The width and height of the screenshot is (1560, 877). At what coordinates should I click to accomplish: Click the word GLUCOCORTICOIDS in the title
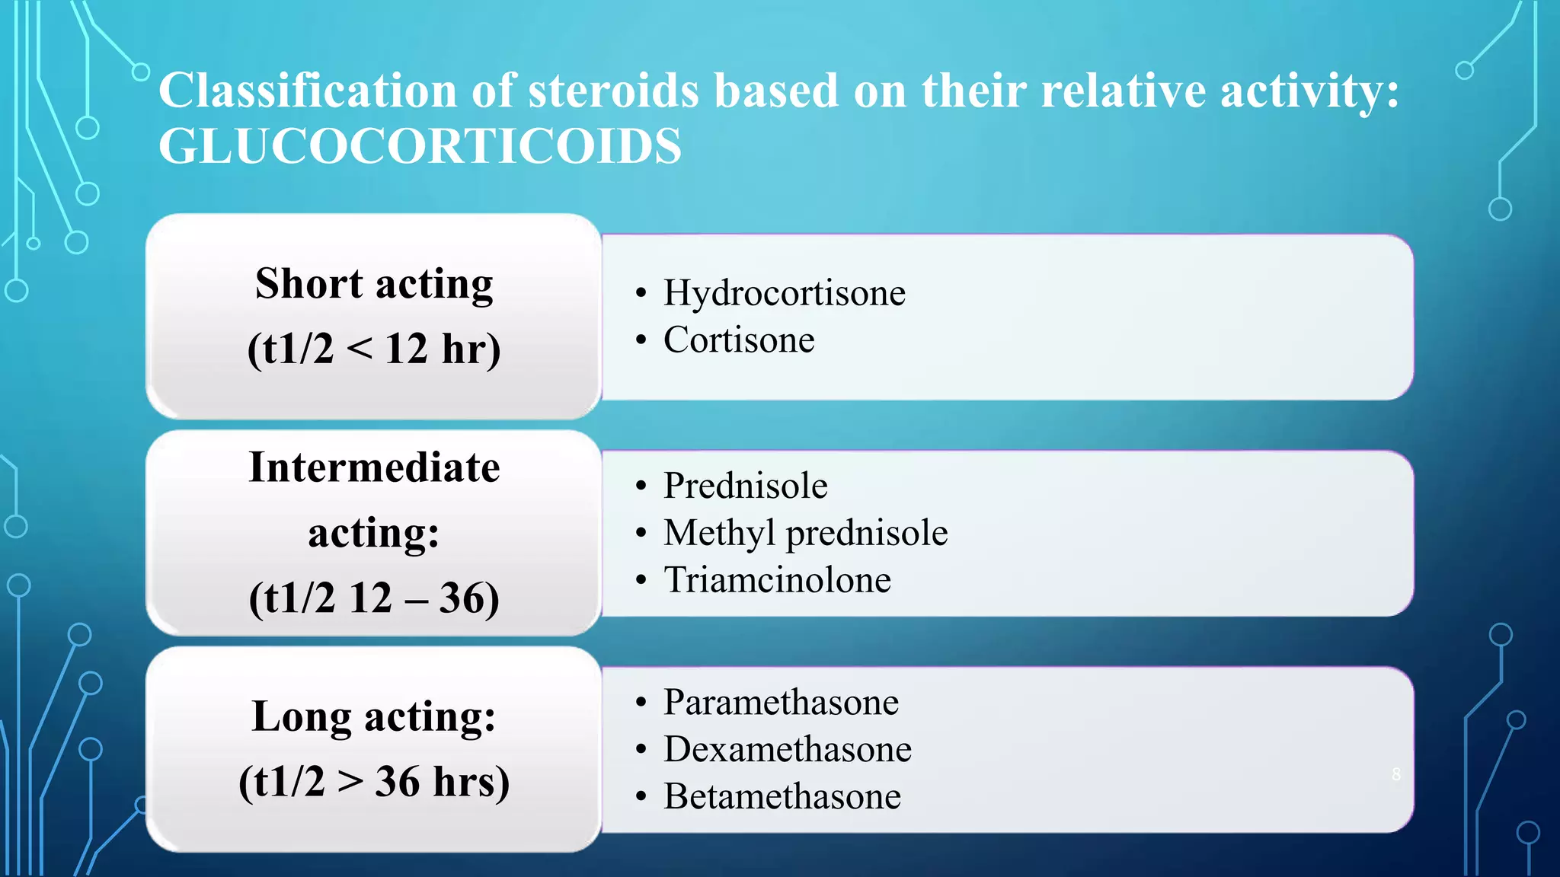420,146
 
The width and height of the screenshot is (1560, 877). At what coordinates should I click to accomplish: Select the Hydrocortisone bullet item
784,293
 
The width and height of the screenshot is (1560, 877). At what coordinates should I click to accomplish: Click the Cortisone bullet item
738,340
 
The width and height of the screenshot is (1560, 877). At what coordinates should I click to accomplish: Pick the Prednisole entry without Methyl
745,486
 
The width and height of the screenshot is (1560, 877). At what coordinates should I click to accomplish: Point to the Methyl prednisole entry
805,533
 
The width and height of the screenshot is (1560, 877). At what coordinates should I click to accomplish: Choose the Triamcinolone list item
777,580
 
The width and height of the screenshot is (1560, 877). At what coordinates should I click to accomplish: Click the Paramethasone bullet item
781,702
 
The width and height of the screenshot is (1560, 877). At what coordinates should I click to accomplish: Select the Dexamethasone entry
787,749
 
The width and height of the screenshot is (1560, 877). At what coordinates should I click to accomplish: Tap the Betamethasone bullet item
782,796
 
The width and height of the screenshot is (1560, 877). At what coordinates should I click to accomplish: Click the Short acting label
374,284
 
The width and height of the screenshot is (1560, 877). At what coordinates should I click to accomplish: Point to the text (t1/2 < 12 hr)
374,349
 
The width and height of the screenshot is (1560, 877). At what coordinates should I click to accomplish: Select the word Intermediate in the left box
374,467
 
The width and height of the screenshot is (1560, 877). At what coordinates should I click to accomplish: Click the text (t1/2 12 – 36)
374,598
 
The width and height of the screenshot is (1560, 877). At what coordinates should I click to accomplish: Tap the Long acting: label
374,716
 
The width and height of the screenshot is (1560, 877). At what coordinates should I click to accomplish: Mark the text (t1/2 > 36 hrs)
374,782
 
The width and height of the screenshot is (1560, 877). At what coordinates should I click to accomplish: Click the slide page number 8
1396,774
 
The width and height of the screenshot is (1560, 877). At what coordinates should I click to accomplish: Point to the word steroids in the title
613,91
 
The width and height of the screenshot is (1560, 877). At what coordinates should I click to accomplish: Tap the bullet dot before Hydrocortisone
641,294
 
